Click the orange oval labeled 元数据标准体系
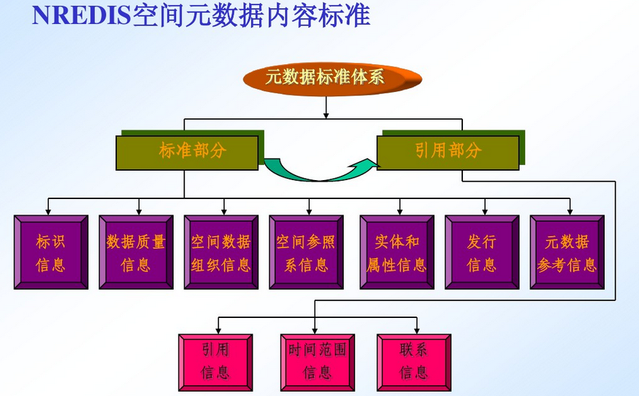click(332, 79)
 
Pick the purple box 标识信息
click(51, 252)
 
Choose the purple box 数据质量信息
click(136, 252)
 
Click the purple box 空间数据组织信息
click(221, 252)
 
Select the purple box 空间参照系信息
click(307, 252)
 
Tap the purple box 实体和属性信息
click(397, 252)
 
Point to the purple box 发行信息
click(482, 252)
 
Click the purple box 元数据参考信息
click(567, 252)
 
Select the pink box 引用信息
click(215, 362)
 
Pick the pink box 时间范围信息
click(318, 362)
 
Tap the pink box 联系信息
click(414, 362)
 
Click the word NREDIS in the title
click(82, 15)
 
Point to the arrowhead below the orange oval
click(326, 114)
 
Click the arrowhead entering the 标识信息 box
click(48, 211)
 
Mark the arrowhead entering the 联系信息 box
click(416, 330)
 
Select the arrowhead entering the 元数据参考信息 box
click(570, 211)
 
